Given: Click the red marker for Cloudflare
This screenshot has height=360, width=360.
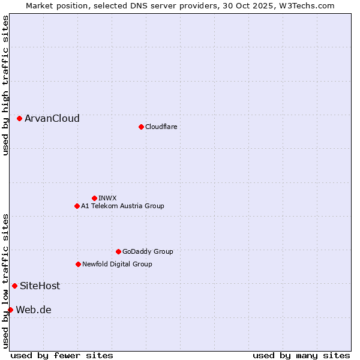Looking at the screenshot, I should click(141, 127).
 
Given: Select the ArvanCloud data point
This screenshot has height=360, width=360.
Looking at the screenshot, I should click(20, 119).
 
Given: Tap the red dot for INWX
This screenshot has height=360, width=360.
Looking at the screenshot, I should click(94, 198).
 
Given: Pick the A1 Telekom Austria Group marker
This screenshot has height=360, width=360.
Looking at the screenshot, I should click(77, 206).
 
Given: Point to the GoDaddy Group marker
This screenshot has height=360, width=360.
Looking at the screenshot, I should click(118, 251).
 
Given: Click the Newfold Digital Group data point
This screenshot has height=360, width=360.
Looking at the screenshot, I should click(78, 264).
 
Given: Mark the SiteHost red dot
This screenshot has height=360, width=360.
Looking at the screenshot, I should click(14, 286).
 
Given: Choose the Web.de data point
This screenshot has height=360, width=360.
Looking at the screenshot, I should click(10, 310).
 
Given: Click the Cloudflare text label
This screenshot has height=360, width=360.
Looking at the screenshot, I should click(161, 127).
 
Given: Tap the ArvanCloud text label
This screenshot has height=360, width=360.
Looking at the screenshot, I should click(52, 119).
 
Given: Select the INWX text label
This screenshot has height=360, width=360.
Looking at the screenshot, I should click(107, 198).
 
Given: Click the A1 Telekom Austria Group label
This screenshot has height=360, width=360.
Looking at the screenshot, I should click(122, 206).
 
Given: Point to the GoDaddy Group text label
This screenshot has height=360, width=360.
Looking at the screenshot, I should click(148, 251).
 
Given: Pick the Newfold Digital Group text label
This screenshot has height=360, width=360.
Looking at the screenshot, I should click(117, 264).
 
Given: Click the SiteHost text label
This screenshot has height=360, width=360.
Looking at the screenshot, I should click(40, 286).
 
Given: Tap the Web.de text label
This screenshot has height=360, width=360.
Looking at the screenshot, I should click(33, 310).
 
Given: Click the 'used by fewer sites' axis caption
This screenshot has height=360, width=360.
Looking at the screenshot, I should click(62, 355).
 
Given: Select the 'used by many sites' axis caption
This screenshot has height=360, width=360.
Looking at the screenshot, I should click(301, 355).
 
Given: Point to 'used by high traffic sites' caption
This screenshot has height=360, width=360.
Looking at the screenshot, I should click(5, 85).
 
